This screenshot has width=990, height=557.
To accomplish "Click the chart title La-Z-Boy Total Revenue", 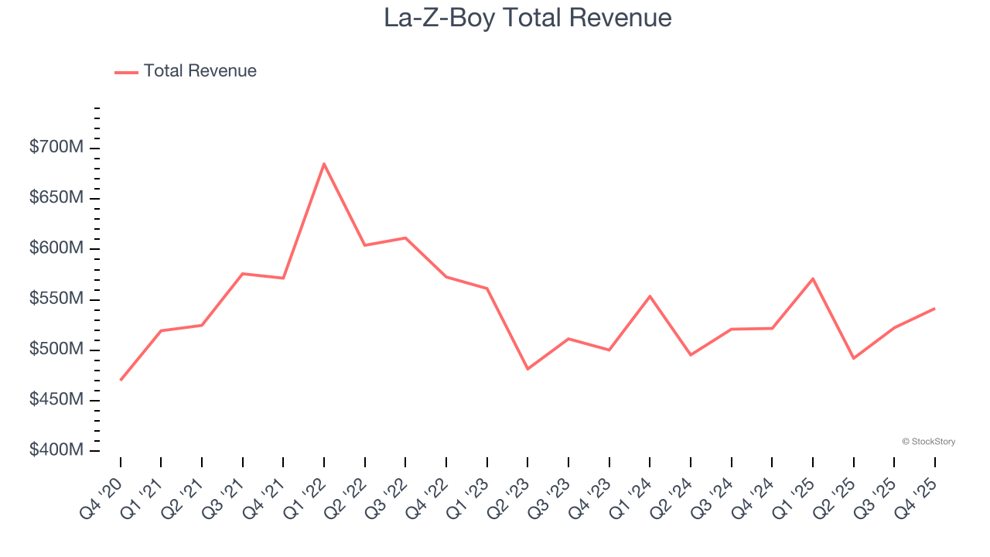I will (527, 18).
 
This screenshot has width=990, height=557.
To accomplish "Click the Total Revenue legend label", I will (200, 71).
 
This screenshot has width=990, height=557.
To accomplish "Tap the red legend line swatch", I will (126, 72).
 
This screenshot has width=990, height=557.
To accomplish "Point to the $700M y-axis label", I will (56, 147).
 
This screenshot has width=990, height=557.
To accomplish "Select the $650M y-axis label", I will (56, 198).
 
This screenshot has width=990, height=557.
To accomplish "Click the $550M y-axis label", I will (56, 299).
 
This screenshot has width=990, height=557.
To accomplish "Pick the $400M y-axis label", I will (56, 450).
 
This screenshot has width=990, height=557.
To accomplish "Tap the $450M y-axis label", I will (56, 400).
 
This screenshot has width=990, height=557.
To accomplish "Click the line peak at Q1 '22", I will (324, 163).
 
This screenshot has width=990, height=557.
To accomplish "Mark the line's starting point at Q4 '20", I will (121, 380).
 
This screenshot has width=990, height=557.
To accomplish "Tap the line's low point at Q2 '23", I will (527, 369).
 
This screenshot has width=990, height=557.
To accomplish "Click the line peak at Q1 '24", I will (650, 296).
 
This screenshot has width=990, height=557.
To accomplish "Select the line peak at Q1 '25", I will (813, 278).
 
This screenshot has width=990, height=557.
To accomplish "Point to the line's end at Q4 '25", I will (934, 309).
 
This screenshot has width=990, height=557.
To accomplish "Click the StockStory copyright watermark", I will (928, 442).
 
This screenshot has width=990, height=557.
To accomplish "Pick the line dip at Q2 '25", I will (853, 358).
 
